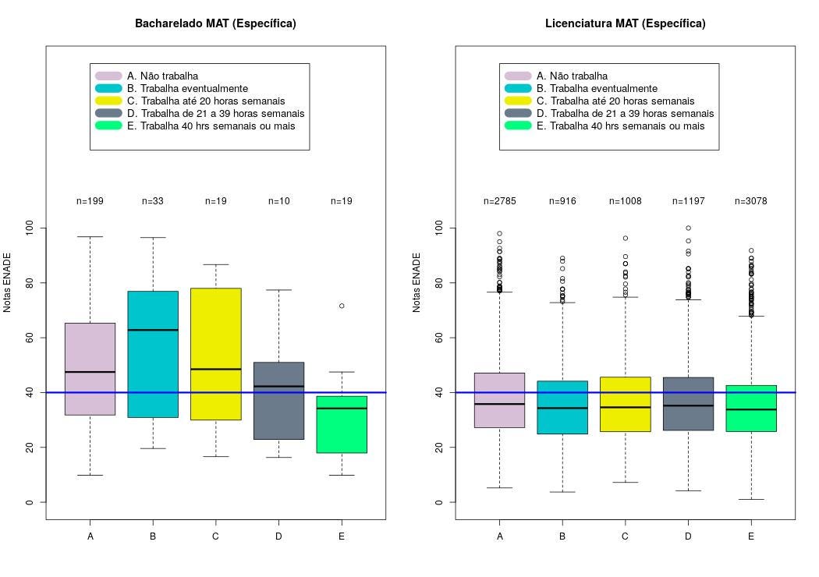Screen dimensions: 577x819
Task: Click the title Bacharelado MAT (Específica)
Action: click(x=215, y=23)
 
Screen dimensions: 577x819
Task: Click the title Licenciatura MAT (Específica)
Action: click(x=625, y=23)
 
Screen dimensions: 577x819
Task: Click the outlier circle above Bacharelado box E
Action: click(x=342, y=306)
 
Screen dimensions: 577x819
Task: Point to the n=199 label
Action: click(x=90, y=201)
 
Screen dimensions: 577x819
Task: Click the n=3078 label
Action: click(x=750, y=201)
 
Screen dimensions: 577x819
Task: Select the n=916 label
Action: click(x=562, y=201)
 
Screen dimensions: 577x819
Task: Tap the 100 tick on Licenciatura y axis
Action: click(x=439, y=228)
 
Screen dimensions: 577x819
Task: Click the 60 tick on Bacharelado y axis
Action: click(x=30, y=338)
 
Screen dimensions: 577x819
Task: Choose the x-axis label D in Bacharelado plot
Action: click(x=278, y=536)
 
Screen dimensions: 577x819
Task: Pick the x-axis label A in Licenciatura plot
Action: click(x=500, y=536)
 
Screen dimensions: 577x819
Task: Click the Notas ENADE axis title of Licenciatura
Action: click(x=417, y=282)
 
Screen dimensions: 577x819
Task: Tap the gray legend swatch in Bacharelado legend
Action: click(x=108, y=113)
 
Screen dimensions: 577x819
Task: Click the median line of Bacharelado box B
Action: click(x=153, y=330)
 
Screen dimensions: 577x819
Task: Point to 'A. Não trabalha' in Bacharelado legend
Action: click(x=162, y=76)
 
